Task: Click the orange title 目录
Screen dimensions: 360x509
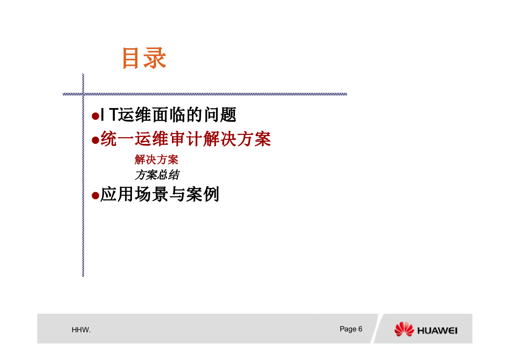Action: tap(144, 58)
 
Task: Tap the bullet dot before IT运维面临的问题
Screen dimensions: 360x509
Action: tap(95, 116)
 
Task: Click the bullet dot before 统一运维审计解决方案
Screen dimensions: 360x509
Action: tap(95, 140)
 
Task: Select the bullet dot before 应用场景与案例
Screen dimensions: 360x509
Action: tap(95, 196)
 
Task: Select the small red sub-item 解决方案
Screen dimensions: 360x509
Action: tap(156, 160)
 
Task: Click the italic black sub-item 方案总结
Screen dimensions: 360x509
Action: tap(157, 175)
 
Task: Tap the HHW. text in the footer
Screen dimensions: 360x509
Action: tap(81, 330)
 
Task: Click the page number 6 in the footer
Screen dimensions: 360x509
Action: tap(360, 329)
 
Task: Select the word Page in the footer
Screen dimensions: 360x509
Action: tap(348, 329)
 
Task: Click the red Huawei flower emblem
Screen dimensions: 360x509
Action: tap(404, 329)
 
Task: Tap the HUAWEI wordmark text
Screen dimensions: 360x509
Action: tap(437, 330)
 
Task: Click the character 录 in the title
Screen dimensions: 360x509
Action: tap(155, 58)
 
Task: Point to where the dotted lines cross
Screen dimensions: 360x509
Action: tap(83, 94)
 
